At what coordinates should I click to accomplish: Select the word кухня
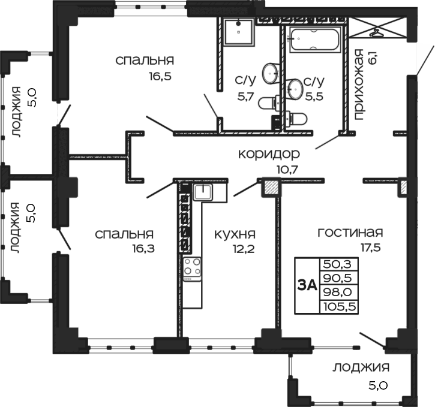click(235, 234)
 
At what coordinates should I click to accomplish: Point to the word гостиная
click(350, 233)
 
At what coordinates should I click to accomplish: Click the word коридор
click(268, 153)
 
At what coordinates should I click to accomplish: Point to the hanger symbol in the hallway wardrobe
click(376, 30)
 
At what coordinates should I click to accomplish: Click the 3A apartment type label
click(307, 285)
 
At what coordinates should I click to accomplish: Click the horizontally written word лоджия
click(361, 367)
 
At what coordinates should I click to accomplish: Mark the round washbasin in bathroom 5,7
click(271, 72)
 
